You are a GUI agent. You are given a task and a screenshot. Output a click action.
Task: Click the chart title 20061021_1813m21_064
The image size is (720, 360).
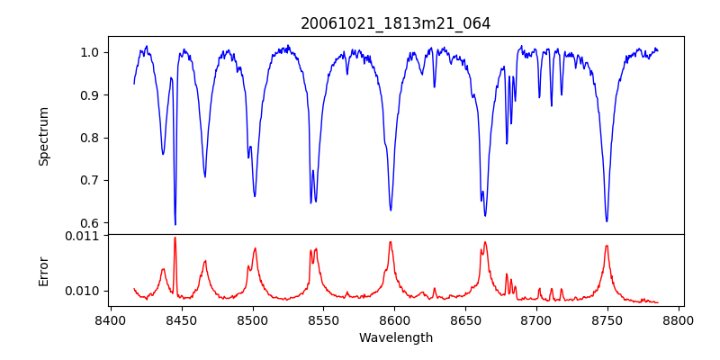(x=396, y=23)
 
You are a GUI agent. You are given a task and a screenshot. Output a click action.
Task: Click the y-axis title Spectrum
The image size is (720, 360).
(x=43, y=136)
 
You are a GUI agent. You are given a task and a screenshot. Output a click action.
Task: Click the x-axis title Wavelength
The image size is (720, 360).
(x=396, y=338)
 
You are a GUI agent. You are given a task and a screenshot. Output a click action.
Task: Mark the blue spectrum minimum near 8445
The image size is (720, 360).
(x=175, y=224)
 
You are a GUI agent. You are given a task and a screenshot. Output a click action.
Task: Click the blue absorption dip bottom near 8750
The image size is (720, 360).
(x=607, y=220)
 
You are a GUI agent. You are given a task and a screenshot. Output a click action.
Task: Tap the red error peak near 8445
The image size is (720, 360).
(x=175, y=238)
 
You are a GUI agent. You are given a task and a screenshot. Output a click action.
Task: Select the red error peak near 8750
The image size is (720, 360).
(x=607, y=246)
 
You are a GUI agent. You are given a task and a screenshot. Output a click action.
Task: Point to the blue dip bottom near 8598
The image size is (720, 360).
(x=391, y=210)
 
